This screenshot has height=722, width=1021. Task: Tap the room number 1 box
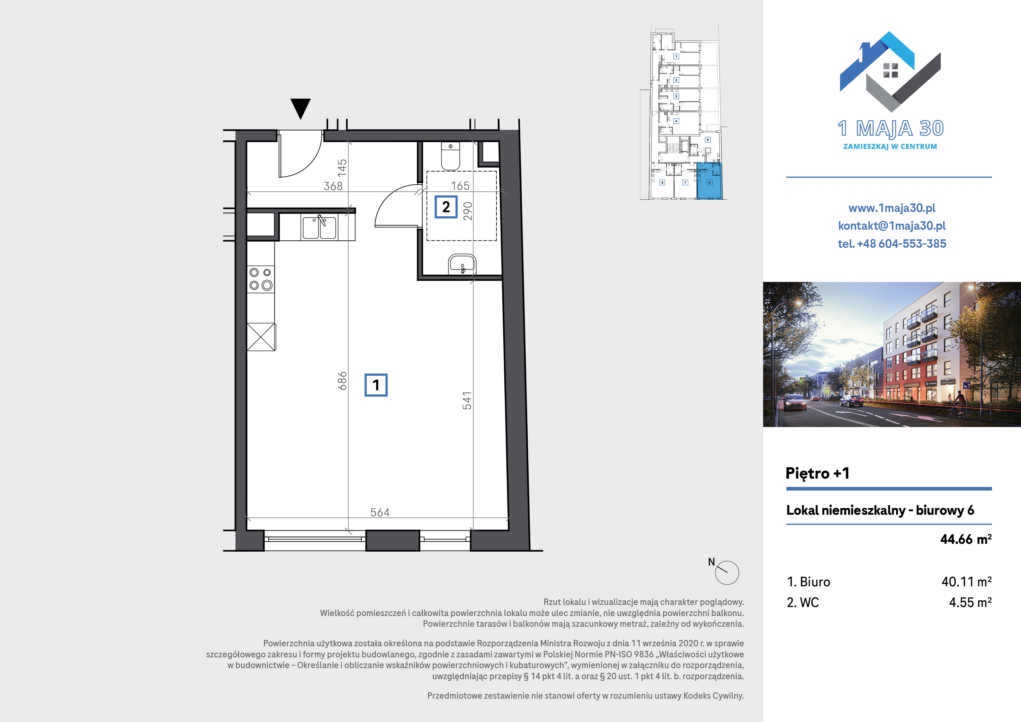376,385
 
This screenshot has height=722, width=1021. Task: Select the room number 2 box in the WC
446,207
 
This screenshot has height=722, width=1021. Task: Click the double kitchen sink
319,227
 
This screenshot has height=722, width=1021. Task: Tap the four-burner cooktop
260,279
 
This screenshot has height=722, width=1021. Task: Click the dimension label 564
380,512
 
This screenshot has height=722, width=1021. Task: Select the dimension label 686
341,381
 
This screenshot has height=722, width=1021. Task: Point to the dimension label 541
467,400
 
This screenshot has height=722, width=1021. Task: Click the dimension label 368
333,186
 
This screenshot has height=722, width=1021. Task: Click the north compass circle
727,573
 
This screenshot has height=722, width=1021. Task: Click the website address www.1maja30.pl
891,208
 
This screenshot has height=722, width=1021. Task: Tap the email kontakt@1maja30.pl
891,226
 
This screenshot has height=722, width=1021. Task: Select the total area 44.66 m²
966,539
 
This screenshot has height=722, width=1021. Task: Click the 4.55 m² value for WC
970,602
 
